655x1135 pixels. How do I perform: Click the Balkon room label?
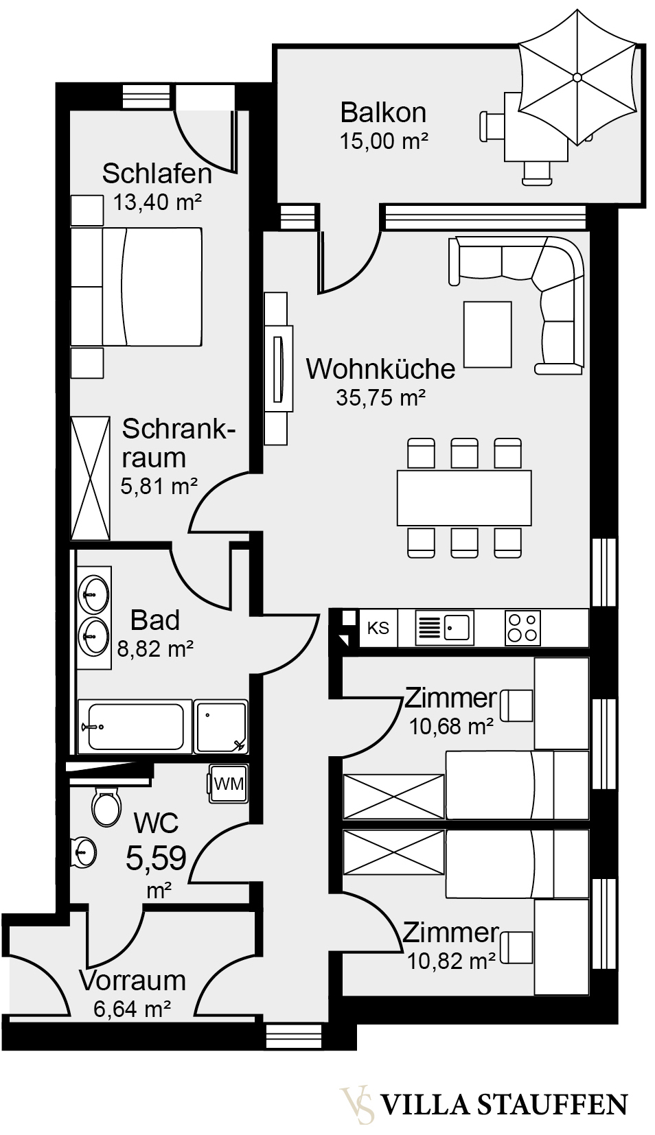point(383,112)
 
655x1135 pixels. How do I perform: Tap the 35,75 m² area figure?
point(381,397)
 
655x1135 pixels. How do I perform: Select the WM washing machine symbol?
point(228,784)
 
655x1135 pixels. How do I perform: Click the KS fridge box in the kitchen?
point(378,628)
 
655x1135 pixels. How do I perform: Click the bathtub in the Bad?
point(132,726)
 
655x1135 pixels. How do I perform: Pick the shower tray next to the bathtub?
point(220,726)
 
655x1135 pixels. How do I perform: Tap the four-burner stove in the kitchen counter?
point(522,627)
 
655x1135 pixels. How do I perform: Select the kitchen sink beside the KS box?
point(444,627)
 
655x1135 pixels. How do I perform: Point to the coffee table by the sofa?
point(487,334)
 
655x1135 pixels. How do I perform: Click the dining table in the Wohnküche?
point(464,498)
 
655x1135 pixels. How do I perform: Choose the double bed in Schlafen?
point(137,287)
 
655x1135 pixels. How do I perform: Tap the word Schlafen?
point(157,174)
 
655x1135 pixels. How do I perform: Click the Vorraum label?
point(133,981)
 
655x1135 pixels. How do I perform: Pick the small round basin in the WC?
point(83,852)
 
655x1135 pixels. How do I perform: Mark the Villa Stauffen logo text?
point(503,1105)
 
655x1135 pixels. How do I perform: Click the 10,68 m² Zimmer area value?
point(451,726)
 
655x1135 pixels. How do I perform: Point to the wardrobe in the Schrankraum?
point(90,478)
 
